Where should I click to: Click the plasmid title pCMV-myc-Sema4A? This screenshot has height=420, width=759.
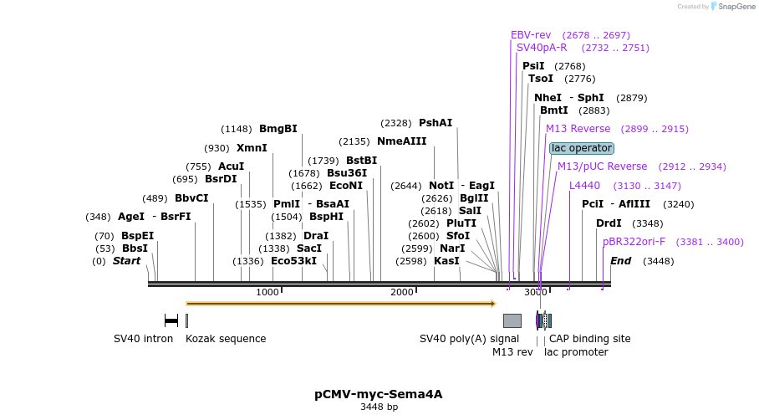pos(378,394)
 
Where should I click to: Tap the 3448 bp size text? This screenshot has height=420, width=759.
pos(379,407)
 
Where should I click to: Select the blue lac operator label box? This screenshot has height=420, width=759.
pos(582,148)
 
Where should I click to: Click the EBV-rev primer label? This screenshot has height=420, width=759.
pos(531,35)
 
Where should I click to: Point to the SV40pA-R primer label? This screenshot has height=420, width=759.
pos(542,48)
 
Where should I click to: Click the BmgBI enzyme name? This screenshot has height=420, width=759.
pos(278,129)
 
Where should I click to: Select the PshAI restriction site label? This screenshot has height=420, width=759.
pos(435,123)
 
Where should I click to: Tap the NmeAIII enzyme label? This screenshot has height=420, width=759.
pos(401,141)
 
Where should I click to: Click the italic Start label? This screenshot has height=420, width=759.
pos(126,261)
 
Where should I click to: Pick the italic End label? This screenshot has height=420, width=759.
pos(620,261)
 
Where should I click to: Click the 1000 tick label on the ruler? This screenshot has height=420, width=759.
pos(267,292)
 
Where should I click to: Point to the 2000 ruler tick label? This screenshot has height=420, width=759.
pos(402,292)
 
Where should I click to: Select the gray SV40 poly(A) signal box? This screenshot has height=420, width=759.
pos(512,320)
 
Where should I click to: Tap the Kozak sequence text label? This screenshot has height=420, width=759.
pos(226,339)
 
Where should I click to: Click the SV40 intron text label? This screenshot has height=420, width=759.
pos(143,339)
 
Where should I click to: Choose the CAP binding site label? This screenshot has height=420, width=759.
pos(589,339)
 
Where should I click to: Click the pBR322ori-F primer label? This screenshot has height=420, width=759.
pos(634,242)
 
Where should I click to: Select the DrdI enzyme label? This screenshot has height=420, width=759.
pos(609,223)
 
